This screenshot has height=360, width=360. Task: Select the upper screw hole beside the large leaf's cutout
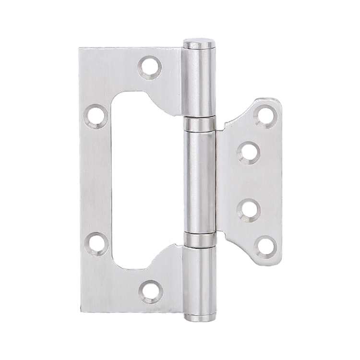pos(96,117)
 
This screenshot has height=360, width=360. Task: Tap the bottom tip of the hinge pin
pos(199,318)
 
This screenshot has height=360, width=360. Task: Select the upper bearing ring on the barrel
pos(199,124)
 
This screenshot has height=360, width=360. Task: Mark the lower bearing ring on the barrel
pos(199,239)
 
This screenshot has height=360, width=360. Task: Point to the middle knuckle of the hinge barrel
pos(199,181)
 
